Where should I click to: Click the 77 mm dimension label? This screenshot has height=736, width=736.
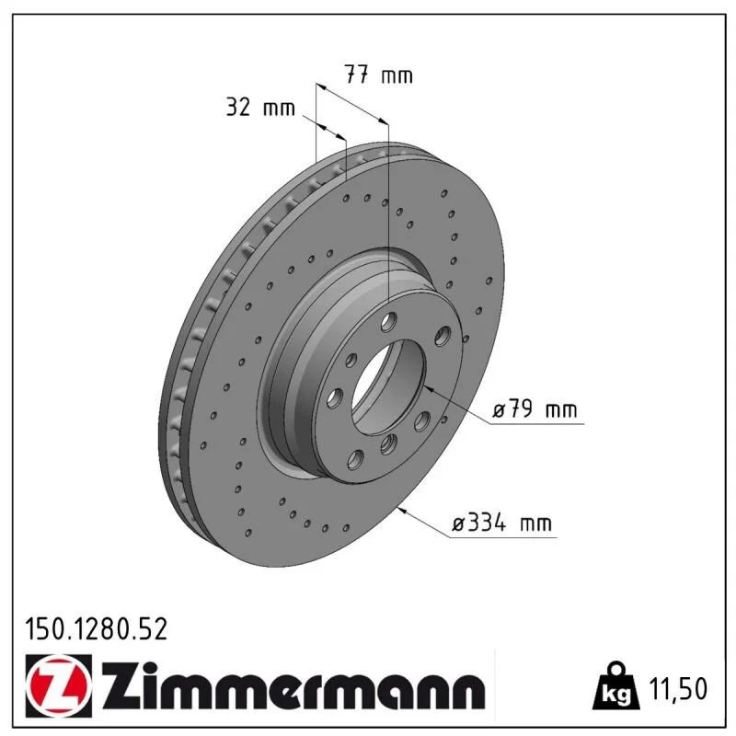(x=379, y=75)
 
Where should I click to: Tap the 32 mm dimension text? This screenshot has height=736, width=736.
(x=260, y=107)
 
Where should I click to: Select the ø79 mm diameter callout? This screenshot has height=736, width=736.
(x=535, y=409)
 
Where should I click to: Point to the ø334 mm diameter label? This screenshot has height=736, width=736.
(x=501, y=523)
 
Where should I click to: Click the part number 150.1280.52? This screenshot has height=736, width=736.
(x=96, y=629)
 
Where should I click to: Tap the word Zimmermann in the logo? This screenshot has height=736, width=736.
(x=293, y=687)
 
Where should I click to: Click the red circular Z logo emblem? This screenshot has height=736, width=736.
(x=59, y=685)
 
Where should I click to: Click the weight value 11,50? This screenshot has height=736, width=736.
(x=678, y=689)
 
